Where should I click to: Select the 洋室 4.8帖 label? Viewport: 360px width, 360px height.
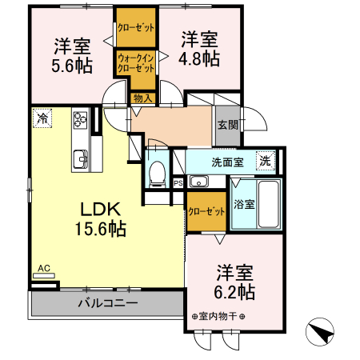[198, 49]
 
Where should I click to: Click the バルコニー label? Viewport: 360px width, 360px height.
[107, 303]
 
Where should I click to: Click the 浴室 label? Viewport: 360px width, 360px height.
[243, 204]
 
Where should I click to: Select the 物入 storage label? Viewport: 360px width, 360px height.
[142, 98]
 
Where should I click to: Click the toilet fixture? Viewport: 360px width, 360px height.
[158, 170]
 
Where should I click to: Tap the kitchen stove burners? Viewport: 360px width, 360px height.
[81, 121]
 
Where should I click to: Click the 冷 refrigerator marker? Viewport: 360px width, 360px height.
[41, 118]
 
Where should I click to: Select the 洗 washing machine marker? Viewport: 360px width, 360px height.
[265, 160]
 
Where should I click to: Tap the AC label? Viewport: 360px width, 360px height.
[43, 269]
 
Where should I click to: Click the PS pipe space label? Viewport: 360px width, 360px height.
[178, 182]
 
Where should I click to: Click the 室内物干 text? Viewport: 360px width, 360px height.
[218, 316]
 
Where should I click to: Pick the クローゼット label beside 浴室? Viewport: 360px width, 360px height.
[206, 212]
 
